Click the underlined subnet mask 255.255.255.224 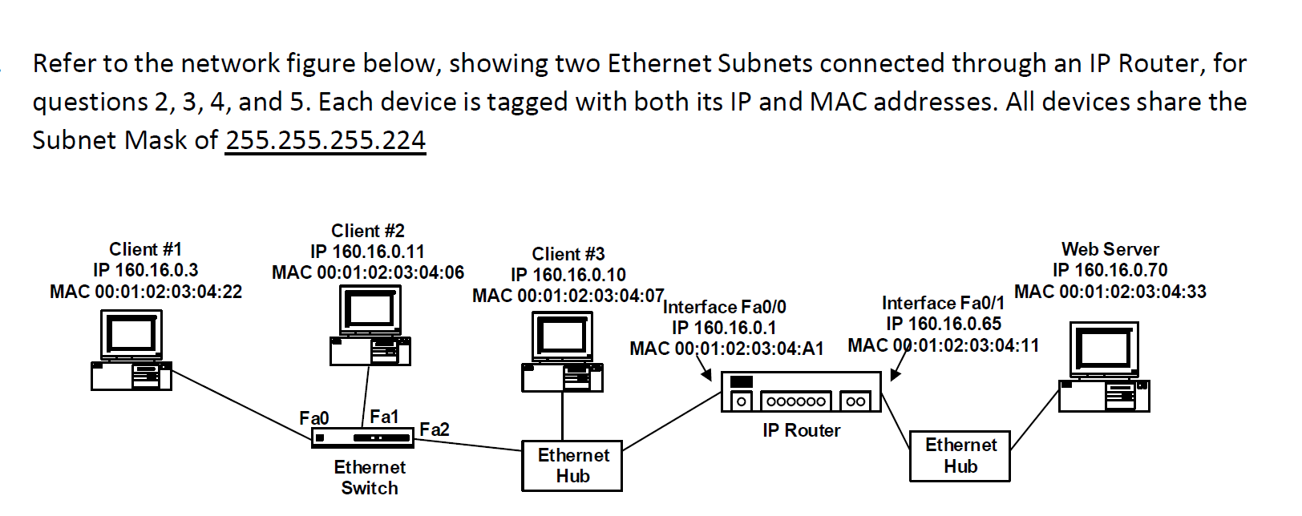click(325, 140)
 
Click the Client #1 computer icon click(131, 350)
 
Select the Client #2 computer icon click(370, 325)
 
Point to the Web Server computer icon click(1105, 367)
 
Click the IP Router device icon click(801, 393)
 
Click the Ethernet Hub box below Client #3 click(572, 466)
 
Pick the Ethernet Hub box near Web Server click(960, 456)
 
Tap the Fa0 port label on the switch click(313, 418)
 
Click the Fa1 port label click(384, 417)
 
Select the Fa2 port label click(435, 429)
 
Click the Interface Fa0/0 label click(725, 307)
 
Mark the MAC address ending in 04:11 click(943, 345)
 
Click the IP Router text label click(801, 430)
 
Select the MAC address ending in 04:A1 click(726, 349)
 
